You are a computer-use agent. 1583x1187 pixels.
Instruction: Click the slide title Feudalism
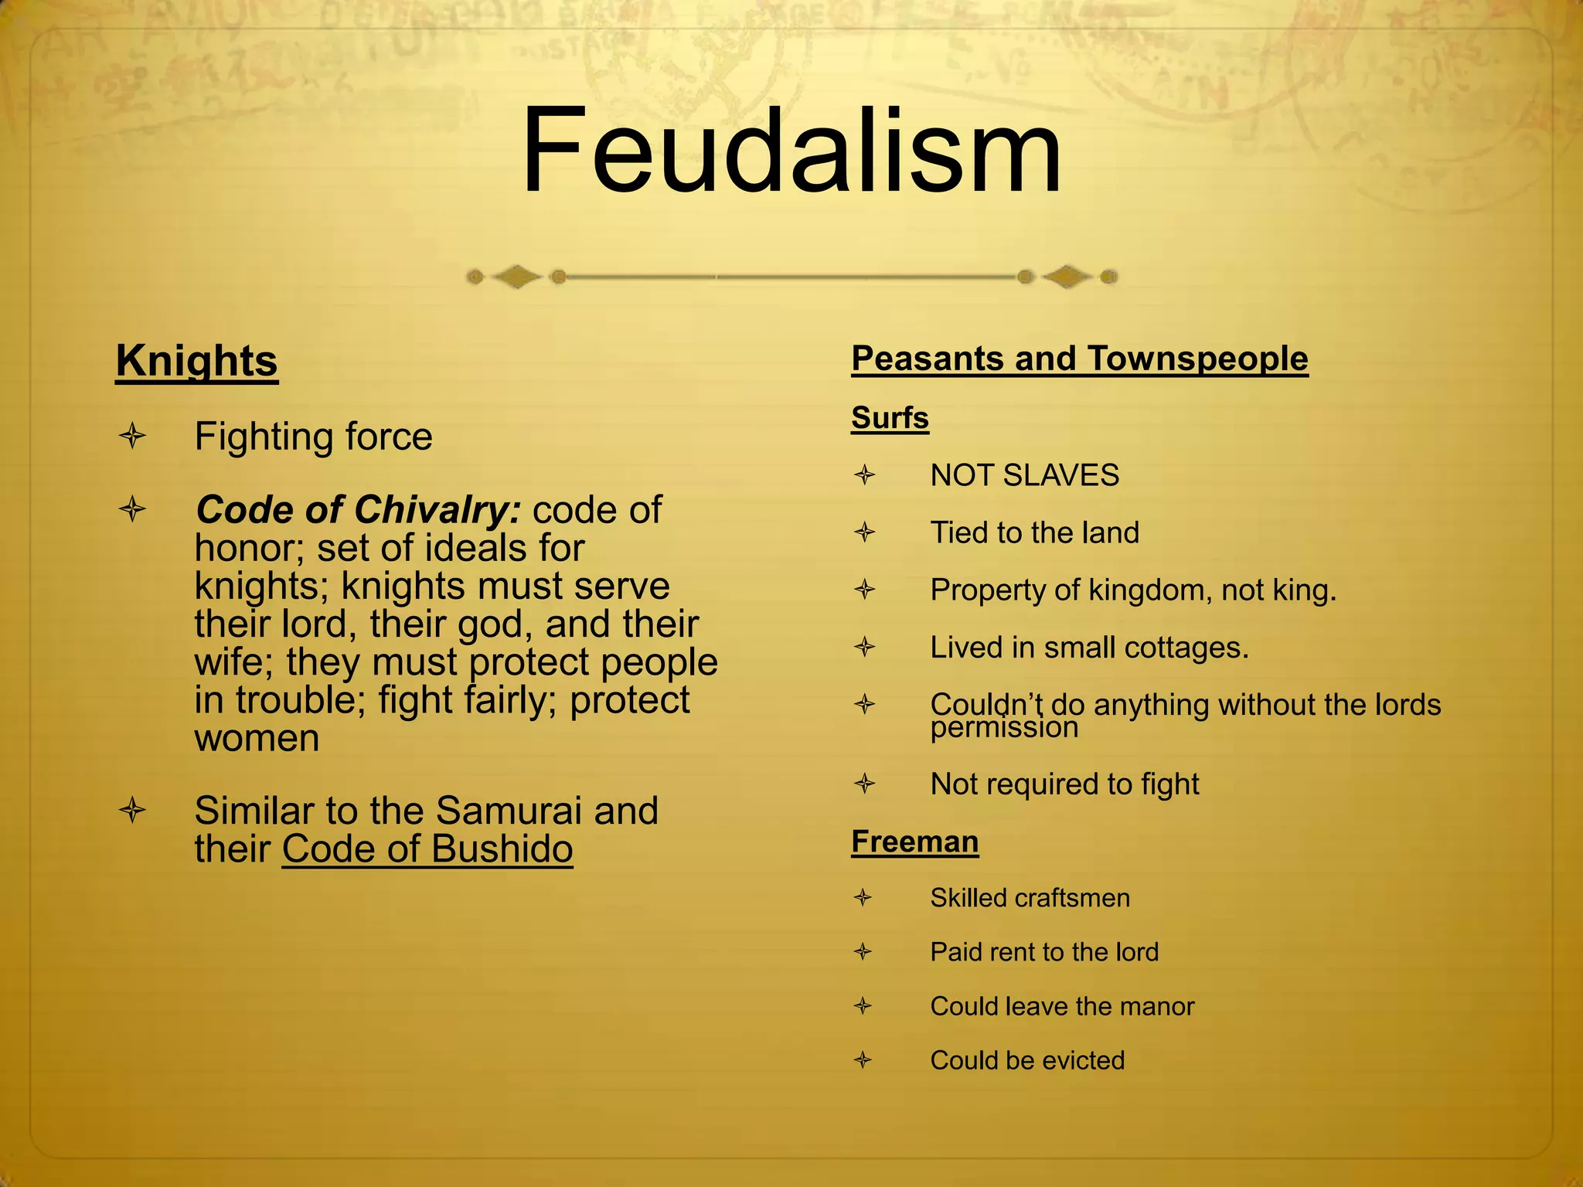(x=791, y=151)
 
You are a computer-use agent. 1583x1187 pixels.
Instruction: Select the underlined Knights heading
(x=196, y=361)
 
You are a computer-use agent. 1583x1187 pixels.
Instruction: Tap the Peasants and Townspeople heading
(x=1079, y=359)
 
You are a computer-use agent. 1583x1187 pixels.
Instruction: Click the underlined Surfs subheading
(x=890, y=418)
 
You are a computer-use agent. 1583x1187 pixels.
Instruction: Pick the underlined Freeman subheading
(x=914, y=842)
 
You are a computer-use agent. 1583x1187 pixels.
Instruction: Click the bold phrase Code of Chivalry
(x=358, y=510)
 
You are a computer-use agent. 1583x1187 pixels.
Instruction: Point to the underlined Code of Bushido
(x=427, y=849)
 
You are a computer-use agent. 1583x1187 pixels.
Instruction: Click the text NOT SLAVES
(x=1024, y=475)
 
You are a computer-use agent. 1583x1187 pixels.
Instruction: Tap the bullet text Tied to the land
(x=1034, y=532)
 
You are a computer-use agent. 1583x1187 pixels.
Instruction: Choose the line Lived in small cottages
(x=1089, y=648)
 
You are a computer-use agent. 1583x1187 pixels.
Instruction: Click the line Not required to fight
(x=1064, y=784)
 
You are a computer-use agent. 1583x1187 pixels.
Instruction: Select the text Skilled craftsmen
(x=1030, y=898)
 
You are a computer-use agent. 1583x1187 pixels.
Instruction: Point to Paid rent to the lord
(x=1044, y=952)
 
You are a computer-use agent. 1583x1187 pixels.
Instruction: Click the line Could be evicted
(x=1027, y=1060)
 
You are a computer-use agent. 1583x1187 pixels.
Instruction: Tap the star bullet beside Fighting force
(x=133, y=437)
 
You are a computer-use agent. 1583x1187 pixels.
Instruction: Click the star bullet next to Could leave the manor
(x=863, y=1006)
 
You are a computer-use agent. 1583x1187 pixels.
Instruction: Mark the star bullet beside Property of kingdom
(x=865, y=590)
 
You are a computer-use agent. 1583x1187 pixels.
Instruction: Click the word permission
(x=1004, y=728)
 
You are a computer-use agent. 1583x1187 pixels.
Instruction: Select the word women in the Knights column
(x=257, y=738)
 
